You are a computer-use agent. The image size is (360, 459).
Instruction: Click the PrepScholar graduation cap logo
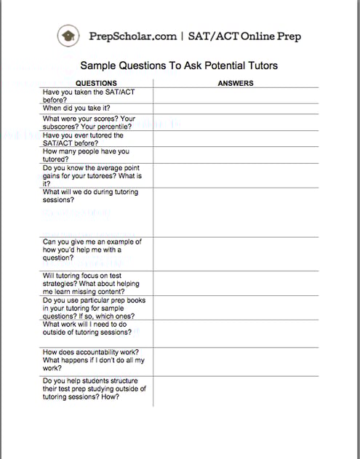click(x=68, y=35)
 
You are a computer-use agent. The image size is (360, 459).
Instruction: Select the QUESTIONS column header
click(x=96, y=83)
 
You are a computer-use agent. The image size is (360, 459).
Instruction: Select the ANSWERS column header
click(x=236, y=83)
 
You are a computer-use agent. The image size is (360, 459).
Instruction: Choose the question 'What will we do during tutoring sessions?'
click(x=89, y=196)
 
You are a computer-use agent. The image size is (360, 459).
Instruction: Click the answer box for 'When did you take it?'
click(x=236, y=108)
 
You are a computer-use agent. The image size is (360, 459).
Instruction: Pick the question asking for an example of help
click(x=92, y=250)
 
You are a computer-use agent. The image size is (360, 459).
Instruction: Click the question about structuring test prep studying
click(x=94, y=388)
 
